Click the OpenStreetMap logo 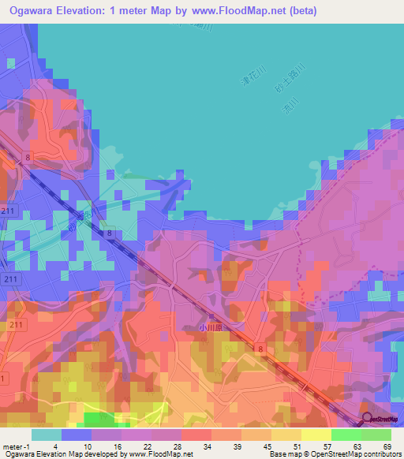(x=382, y=419)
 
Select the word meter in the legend (x=13, y=446)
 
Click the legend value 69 (x=387, y=446)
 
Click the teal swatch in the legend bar (x=46, y=435)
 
